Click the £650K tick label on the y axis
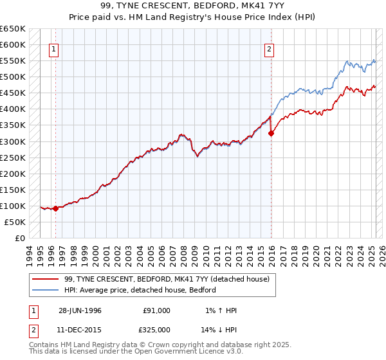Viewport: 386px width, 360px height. point(13,29)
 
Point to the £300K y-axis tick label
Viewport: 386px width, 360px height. point(13,141)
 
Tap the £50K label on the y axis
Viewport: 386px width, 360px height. point(15,222)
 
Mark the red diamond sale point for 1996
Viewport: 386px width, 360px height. point(56,208)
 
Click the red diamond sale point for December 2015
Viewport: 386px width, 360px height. point(271,133)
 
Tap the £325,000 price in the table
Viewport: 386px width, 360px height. point(157,329)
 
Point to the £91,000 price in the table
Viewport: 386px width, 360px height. point(157,310)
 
